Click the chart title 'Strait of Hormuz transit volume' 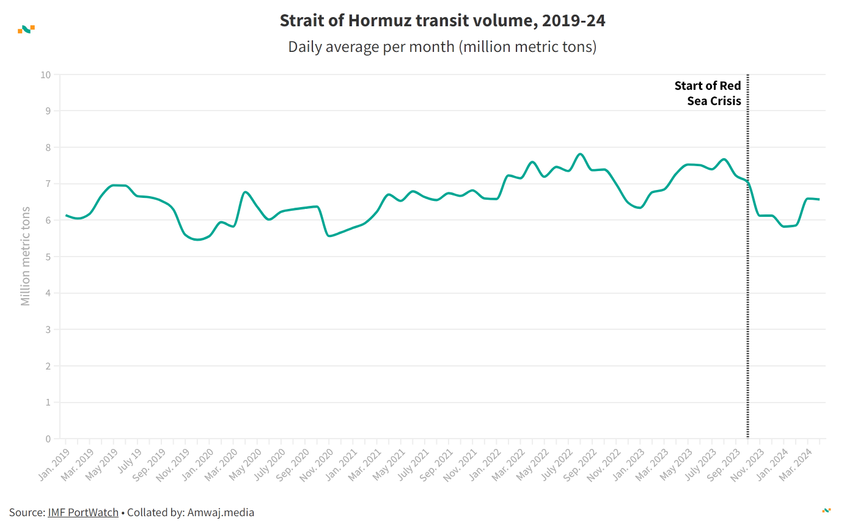[442, 21]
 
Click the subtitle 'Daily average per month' [442, 47]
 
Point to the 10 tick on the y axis [45, 75]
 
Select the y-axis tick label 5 [48, 257]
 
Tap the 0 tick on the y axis [48, 439]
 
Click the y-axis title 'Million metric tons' [25, 257]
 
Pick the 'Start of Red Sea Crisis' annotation [708, 93]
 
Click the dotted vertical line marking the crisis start [747, 275]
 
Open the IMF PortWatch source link [83, 513]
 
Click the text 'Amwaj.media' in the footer [221, 513]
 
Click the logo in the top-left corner [26, 29]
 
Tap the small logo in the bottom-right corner [826, 510]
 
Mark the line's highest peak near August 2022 [580, 154]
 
